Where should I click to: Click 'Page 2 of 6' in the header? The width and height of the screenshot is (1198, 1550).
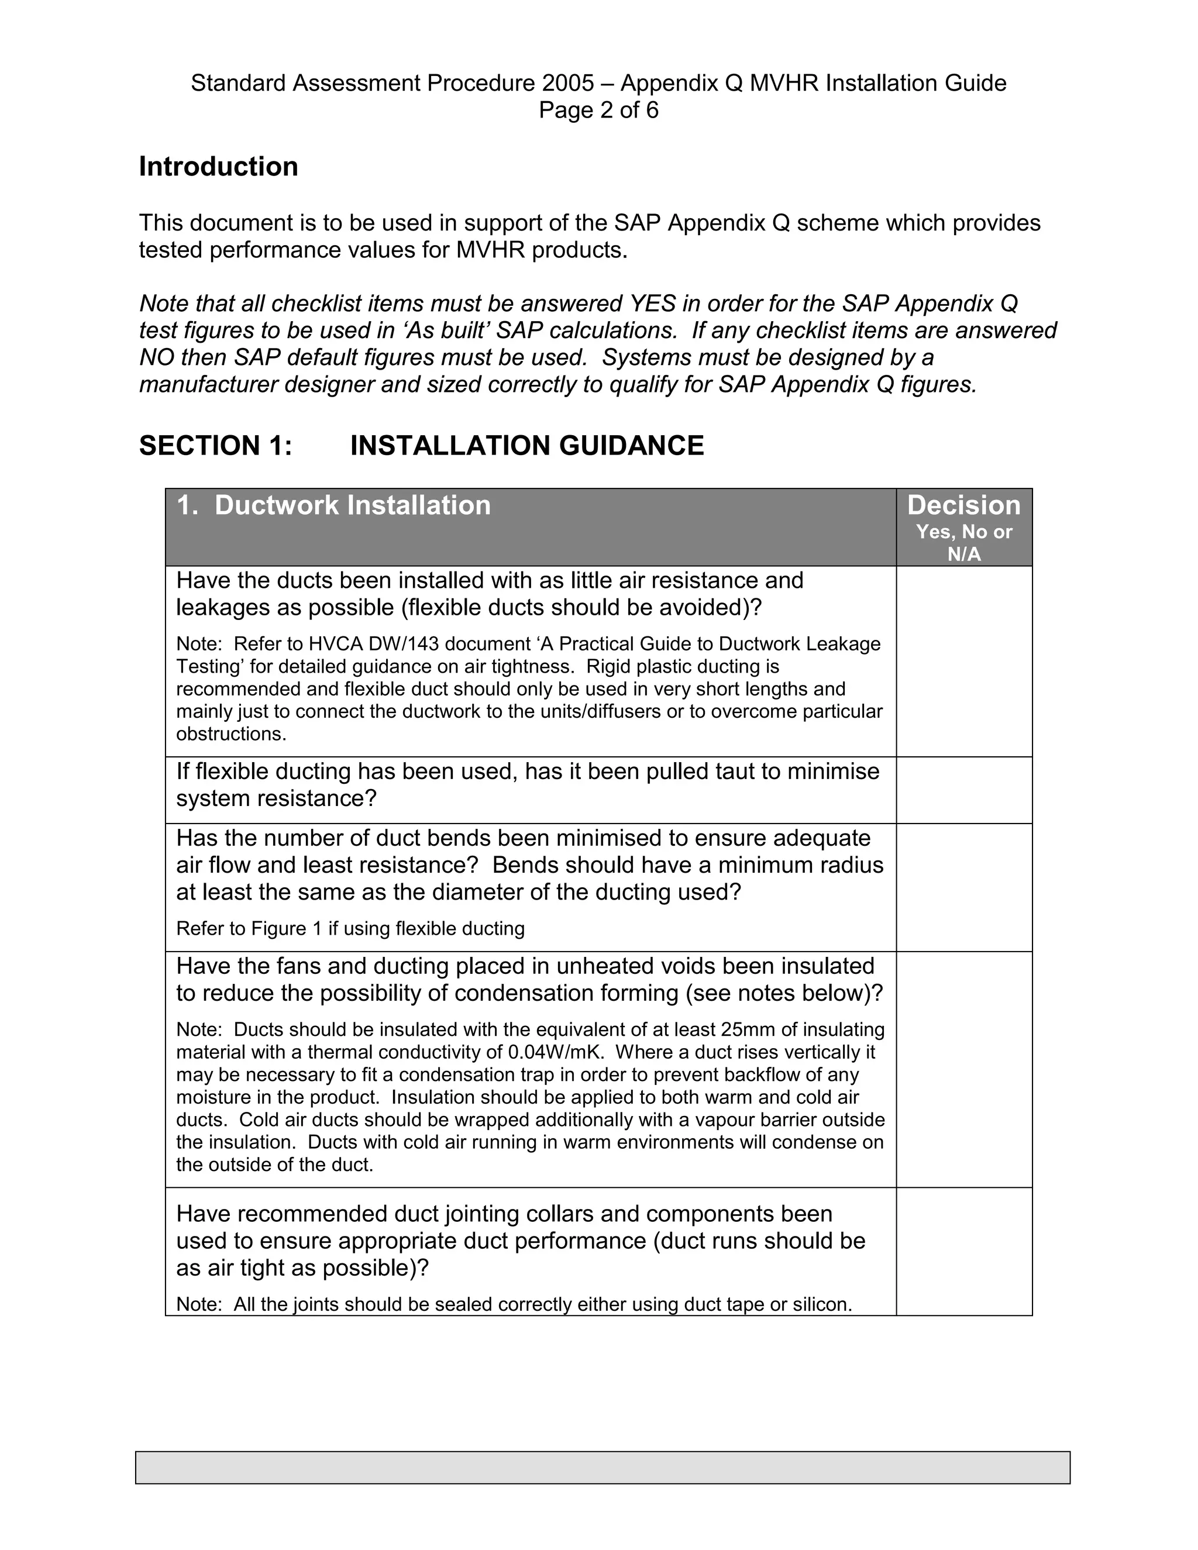(598, 110)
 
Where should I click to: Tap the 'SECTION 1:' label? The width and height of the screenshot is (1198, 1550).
(216, 446)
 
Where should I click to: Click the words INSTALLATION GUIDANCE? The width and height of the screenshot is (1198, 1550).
(526, 446)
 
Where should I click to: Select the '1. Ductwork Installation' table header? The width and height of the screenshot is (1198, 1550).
(333, 505)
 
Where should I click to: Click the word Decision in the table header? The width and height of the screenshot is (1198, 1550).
(963, 505)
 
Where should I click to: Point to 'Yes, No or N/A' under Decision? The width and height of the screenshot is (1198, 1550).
(963, 543)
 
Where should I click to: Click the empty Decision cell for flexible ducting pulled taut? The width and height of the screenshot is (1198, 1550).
(963, 790)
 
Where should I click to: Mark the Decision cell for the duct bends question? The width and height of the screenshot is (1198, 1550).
(963, 887)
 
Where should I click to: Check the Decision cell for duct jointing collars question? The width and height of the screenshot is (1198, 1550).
(963, 1251)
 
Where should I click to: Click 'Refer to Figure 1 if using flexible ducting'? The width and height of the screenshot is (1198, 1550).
(350, 928)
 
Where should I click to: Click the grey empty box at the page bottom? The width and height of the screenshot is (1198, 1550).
(602, 1468)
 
